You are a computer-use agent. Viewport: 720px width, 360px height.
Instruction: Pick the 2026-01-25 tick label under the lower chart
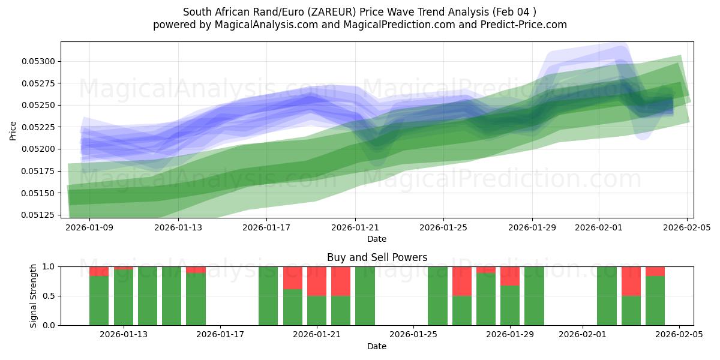[413, 335]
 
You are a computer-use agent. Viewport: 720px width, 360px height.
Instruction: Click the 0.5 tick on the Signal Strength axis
[49, 296]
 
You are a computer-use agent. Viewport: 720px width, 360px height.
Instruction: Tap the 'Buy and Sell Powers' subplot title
[377, 257]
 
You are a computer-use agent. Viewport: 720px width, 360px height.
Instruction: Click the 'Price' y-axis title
[13, 130]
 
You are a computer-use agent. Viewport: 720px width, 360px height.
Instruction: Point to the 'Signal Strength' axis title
[34, 296]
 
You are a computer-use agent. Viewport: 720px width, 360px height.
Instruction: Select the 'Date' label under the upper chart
[377, 239]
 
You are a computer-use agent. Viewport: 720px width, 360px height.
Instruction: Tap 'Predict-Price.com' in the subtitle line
[519, 25]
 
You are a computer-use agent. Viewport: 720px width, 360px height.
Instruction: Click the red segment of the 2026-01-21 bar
[317, 281]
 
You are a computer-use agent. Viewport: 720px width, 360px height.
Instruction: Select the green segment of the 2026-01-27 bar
[462, 310]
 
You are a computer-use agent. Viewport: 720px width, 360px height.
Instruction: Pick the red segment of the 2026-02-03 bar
[631, 281]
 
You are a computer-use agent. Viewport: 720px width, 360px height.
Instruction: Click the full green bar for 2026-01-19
[268, 296]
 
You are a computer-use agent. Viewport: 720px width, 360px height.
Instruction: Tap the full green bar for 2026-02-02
[607, 296]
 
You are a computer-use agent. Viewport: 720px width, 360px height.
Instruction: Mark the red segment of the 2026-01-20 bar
[293, 278]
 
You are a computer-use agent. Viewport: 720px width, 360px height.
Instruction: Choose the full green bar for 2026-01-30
[534, 296]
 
